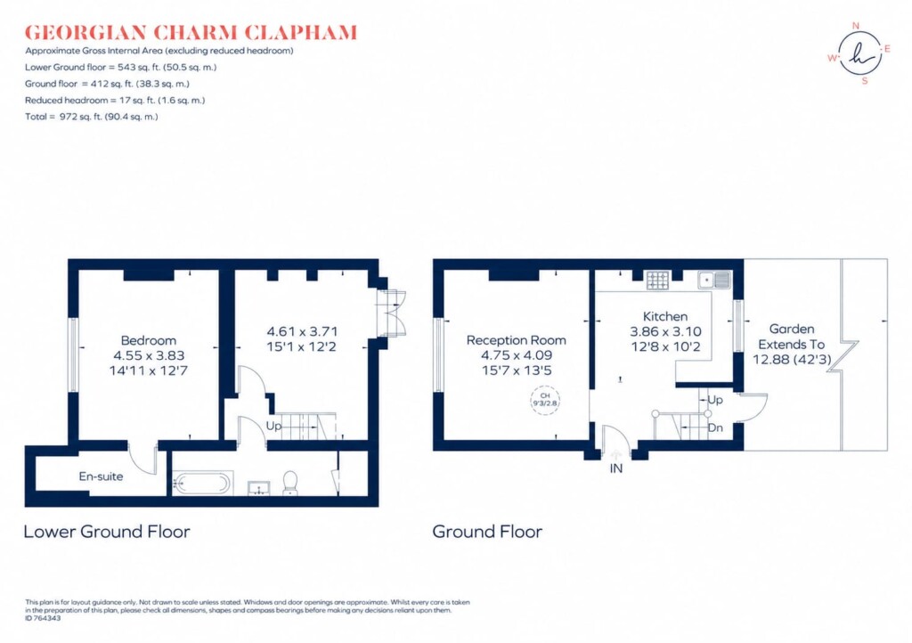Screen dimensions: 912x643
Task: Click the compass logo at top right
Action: pyautogui.click(x=859, y=53)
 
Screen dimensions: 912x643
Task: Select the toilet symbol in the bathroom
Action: pyautogui.click(x=290, y=483)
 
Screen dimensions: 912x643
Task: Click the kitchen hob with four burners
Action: pyautogui.click(x=658, y=281)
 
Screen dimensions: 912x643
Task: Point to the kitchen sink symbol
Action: pyautogui.click(x=714, y=280)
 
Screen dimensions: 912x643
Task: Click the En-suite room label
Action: pyautogui.click(x=102, y=476)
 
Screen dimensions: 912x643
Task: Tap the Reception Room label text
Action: pyautogui.click(x=516, y=340)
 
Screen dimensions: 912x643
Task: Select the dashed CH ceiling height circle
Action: pyautogui.click(x=545, y=400)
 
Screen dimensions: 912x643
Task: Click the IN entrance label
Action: pyautogui.click(x=616, y=468)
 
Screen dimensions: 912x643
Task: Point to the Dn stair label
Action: pyautogui.click(x=715, y=427)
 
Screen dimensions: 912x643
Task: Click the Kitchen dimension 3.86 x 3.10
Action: pyautogui.click(x=665, y=331)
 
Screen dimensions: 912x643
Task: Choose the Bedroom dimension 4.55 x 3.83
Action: pyautogui.click(x=149, y=355)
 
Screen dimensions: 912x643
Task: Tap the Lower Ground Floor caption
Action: pyautogui.click(x=107, y=532)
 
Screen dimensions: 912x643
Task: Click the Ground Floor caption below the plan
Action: pyautogui.click(x=487, y=532)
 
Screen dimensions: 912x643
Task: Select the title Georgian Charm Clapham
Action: pyautogui.click(x=191, y=33)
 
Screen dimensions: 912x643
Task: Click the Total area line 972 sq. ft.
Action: pyautogui.click(x=92, y=117)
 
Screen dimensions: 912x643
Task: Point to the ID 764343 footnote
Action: pyautogui.click(x=43, y=619)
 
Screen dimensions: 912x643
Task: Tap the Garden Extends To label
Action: pyautogui.click(x=792, y=337)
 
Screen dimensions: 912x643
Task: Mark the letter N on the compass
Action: pyautogui.click(x=856, y=26)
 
